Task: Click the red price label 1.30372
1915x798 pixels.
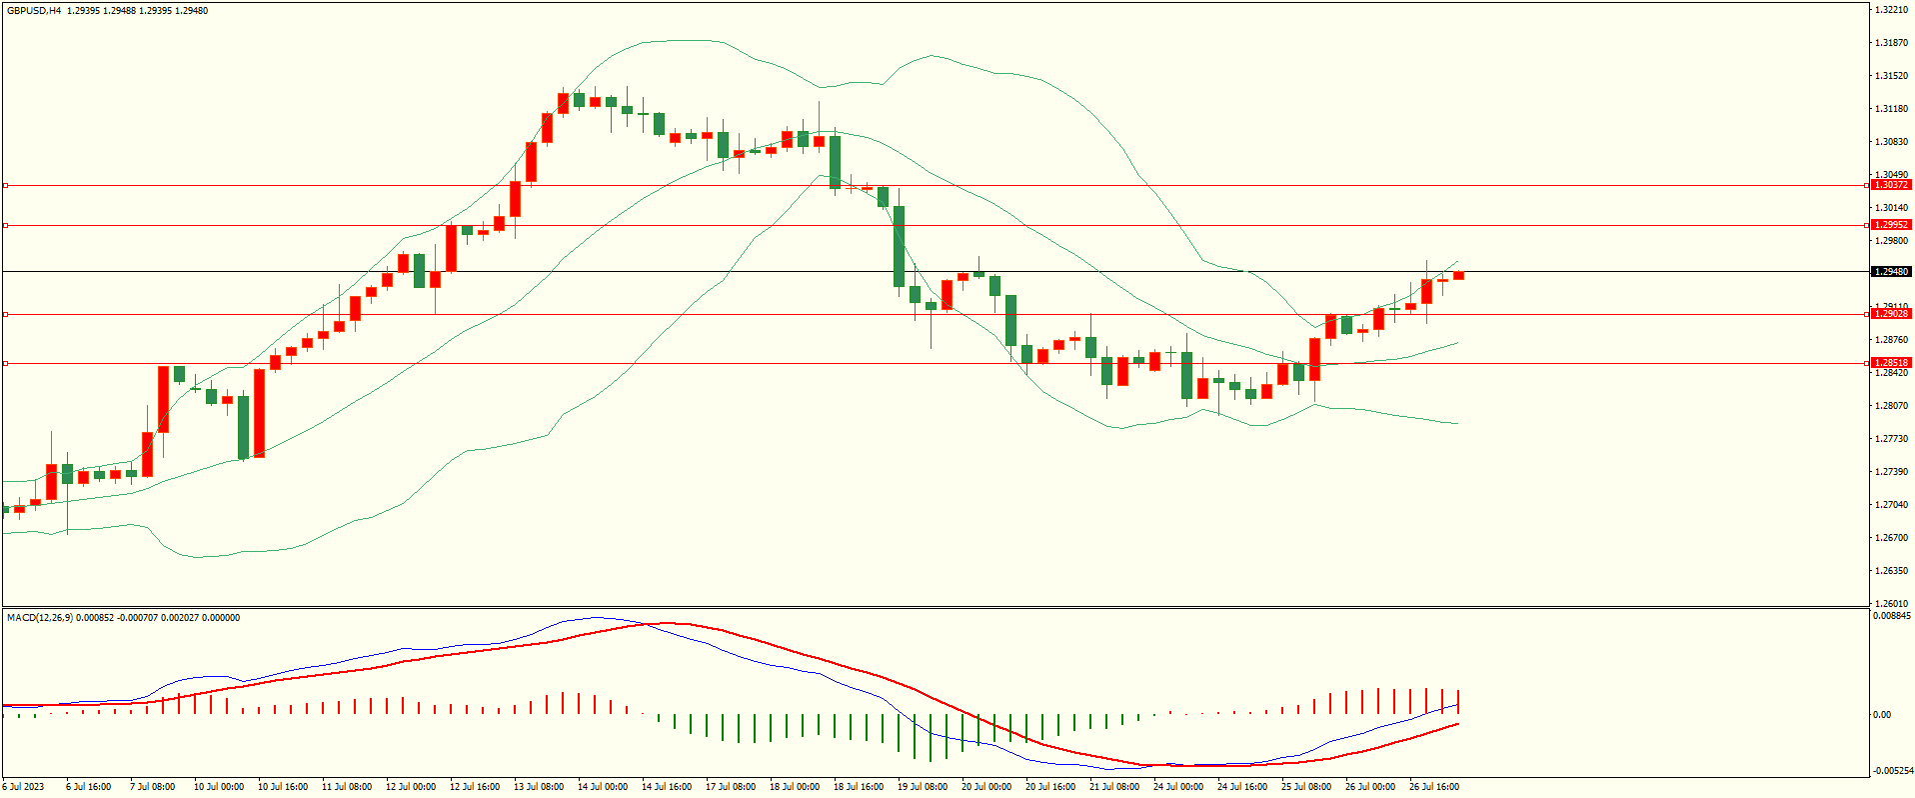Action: pyautogui.click(x=1890, y=185)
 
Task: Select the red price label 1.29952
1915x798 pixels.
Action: pyautogui.click(x=1890, y=225)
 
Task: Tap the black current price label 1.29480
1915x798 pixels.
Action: pyautogui.click(x=1890, y=272)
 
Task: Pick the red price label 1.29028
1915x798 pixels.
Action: pyautogui.click(x=1890, y=314)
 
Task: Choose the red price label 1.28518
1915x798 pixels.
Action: pyautogui.click(x=1890, y=363)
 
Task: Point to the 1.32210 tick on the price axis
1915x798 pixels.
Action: pyautogui.click(x=1891, y=10)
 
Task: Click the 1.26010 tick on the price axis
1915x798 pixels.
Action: pyautogui.click(x=1891, y=603)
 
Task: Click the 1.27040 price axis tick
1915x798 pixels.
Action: pyautogui.click(x=1891, y=505)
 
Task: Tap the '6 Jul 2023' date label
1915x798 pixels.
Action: pyautogui.click(x=24, y=787)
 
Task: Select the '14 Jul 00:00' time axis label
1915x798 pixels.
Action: pyautogui.click(x=603, y=787)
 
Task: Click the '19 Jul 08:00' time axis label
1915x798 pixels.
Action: pyautogui.click(x=923, y=787)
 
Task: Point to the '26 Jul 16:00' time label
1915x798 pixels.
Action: pyautogui.click(x=1434, y=787)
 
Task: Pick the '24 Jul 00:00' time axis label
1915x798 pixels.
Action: pyautogui.click(x=1178, y=787)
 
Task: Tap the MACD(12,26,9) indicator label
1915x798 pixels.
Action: pyautogui.click(x=39, y=618)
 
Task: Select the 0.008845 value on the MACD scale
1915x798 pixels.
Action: pyautogui.click(x=1892, y=616)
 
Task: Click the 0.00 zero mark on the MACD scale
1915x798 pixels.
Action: pyautogui.click(x=1882, y=714)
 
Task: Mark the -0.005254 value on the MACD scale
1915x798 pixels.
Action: pyautogui.click(x=1892, y=771)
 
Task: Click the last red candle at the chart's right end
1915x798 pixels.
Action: pyautogui.click(x=1458, y=275)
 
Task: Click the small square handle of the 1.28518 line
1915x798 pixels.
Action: pyautogui.click(x=5, y=363)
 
